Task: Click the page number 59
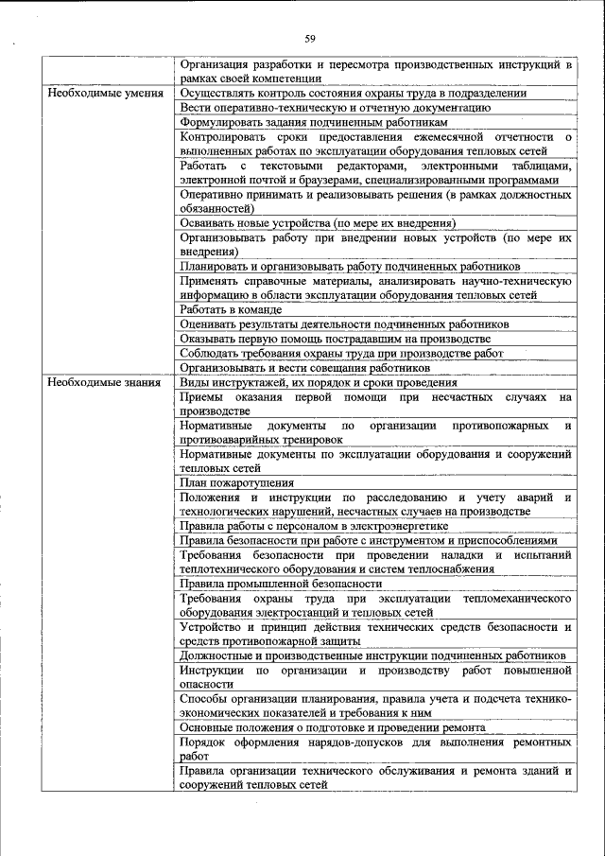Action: (x=310, y=38)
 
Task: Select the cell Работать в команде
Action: (x=232, y=309)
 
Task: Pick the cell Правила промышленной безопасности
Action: (x=281, y=584)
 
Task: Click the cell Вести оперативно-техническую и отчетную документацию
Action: (x=336, y=108)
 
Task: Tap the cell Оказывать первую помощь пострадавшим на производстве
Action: (x=336, y=339)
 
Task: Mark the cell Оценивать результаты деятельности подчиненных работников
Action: (x=345, y=323)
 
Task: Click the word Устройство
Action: (x=213, y=627)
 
